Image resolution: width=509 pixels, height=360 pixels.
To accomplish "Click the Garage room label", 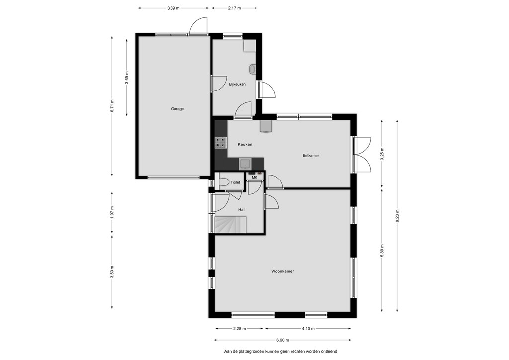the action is pyautogui.click(x=177, y=109).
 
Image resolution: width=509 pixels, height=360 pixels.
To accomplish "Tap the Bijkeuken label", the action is pyautogui.click(x=237, y=84).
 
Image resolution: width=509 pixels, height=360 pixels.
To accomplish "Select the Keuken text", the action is pyautogui.click(x=245, y=145).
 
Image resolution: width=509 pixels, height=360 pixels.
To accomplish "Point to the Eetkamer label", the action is pyautogui.click(x=311, y=156).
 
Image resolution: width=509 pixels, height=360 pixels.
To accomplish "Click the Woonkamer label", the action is pyautogui.click(x=283, y=271).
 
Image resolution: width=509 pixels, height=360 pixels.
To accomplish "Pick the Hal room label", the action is pyautogui.click(x=241, y=210).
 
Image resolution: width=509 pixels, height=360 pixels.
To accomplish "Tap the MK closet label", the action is pyautogui.click(x=254, y=178).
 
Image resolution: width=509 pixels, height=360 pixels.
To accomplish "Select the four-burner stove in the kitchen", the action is pyautogui.click(x=220, y=143).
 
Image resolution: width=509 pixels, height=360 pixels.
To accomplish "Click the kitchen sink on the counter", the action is pyautogui.click(x=244, y=164).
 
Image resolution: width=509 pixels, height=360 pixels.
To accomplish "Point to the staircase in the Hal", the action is pyautogui.click(x=231, y=225).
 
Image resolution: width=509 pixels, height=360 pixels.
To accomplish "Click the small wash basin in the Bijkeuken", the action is pyautogui.click(x=252, y=69).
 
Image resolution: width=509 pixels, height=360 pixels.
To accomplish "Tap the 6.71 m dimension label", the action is pyautogui.click(x=112, y=106).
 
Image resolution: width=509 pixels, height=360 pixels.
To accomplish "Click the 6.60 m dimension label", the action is pyautogui.click(x=282, y=340).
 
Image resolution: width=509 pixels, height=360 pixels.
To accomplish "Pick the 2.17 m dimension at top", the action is pyautogui.click(x=234, y=8).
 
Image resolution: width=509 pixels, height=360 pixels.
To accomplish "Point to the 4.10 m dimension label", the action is pyautogui.click(x=308, y=329).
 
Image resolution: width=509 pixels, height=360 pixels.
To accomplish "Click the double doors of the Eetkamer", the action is pyautogui.click(x=362, y=154).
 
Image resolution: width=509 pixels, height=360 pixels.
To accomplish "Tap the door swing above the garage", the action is pyautogui.click(x=198, y=25).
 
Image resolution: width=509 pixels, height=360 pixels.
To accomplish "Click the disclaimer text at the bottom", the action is pyautogui.click(x=280, y=351).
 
